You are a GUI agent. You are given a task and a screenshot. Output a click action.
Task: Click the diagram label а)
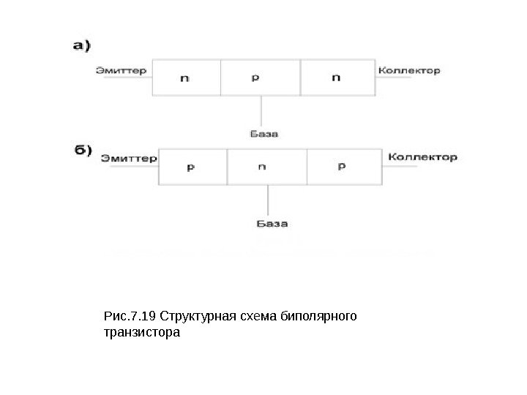(81, 45)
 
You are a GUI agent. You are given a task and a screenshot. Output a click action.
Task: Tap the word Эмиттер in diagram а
(122, 71)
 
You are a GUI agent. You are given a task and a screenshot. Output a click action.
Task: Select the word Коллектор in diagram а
(409, 71)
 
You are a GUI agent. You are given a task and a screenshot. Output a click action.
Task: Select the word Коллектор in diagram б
(422, 157)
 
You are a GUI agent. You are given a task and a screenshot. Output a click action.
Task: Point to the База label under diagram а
(263, 134)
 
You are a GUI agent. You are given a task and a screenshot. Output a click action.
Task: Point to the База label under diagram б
(272, 222)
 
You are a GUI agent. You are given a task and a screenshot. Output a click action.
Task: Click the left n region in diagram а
(185, 78)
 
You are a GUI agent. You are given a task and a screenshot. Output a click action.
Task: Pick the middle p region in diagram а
(255, 78)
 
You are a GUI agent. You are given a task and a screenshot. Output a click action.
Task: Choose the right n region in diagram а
(336, 78)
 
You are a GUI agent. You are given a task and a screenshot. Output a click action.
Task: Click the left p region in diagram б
(192, 168)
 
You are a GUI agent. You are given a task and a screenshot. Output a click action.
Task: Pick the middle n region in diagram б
(263, 168)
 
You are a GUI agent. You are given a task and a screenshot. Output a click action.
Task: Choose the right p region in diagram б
(343, 168)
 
